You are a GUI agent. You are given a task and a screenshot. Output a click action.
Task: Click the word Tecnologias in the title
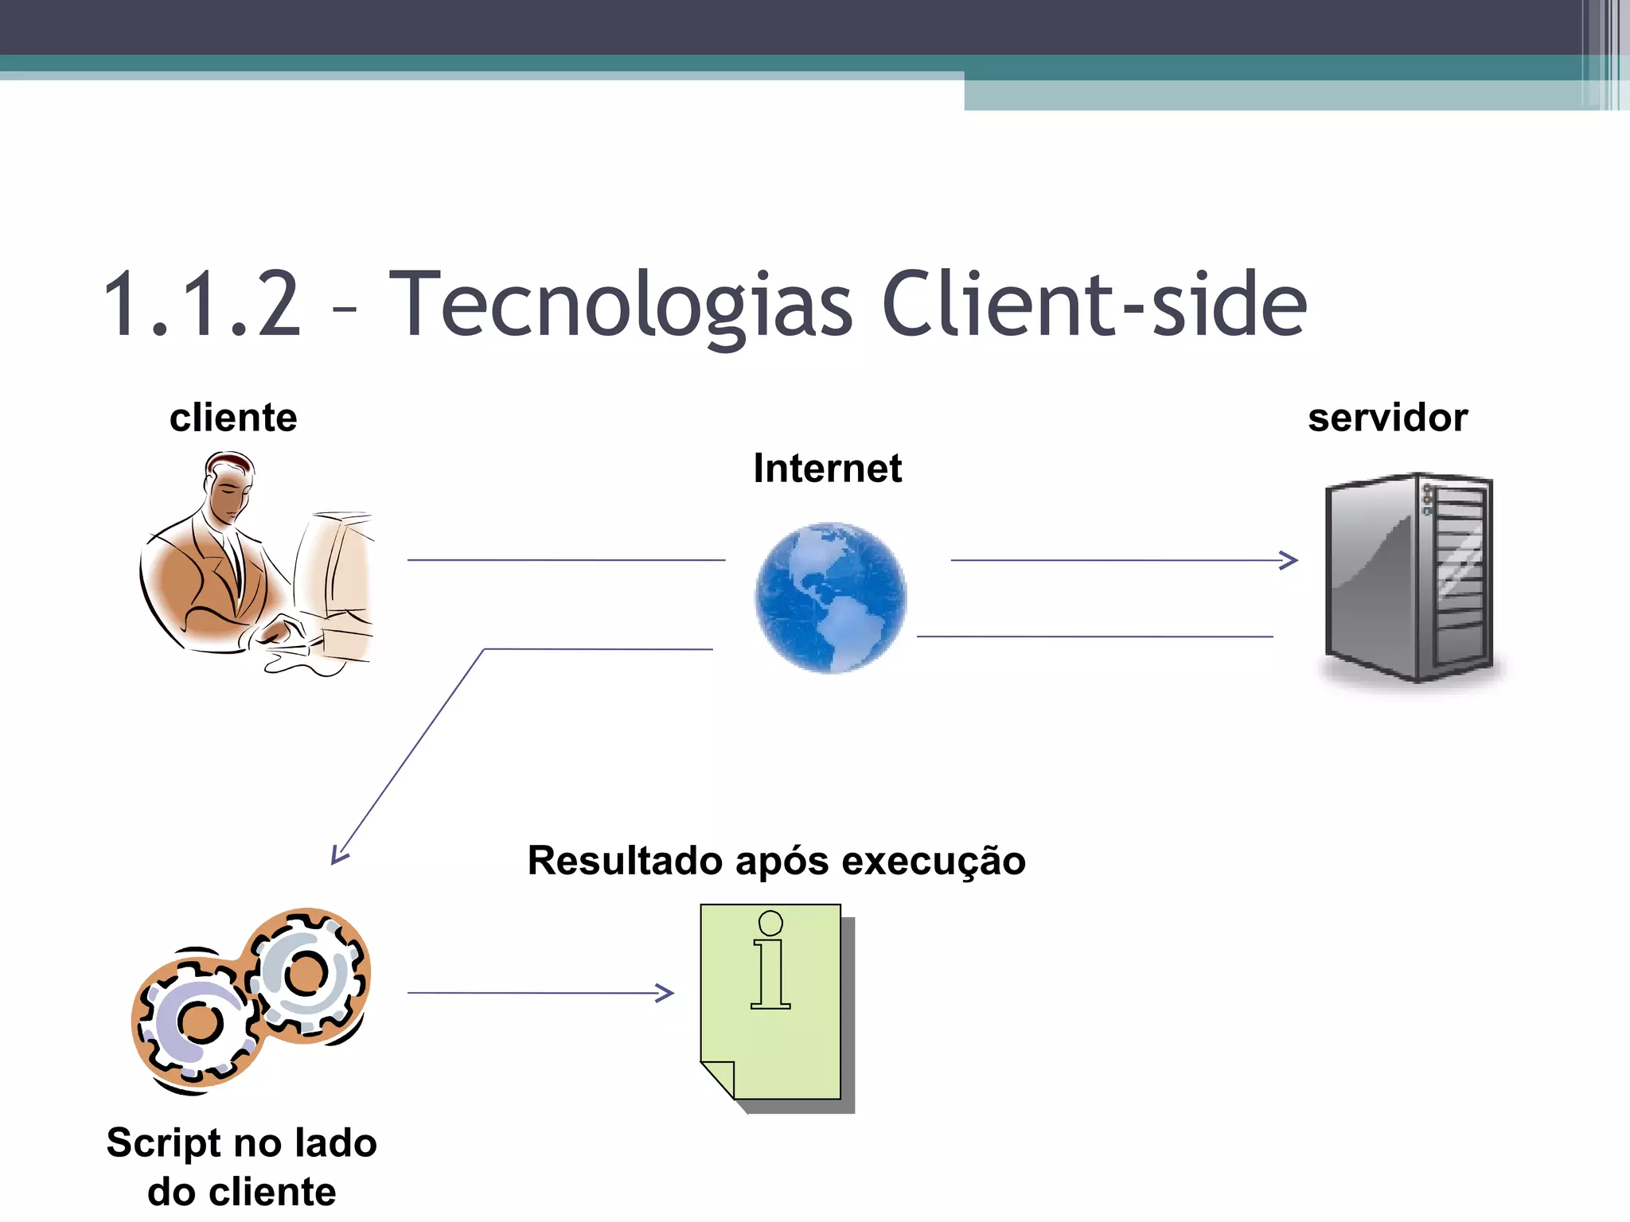tap(621, 305)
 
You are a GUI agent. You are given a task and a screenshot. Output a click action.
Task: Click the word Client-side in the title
tap(1094, 305)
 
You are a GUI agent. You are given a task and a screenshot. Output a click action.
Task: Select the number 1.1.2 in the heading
tap(203, 305)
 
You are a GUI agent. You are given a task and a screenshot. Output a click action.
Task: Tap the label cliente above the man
tap(233, 418)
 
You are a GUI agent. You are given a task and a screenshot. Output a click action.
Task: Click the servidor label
tap(1387, 418)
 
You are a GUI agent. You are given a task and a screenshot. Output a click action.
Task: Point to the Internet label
tap(828, 469)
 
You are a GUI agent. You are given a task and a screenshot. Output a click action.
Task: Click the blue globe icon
tap(830, 598)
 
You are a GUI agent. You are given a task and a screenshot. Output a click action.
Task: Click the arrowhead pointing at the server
tap(1289, 560)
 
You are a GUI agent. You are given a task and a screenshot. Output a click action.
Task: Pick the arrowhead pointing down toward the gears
tap(339, 855)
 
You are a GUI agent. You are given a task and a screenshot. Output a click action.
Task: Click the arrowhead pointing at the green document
tap(665, 993)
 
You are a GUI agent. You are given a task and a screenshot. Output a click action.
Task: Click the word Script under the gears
tap(163, 1144)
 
